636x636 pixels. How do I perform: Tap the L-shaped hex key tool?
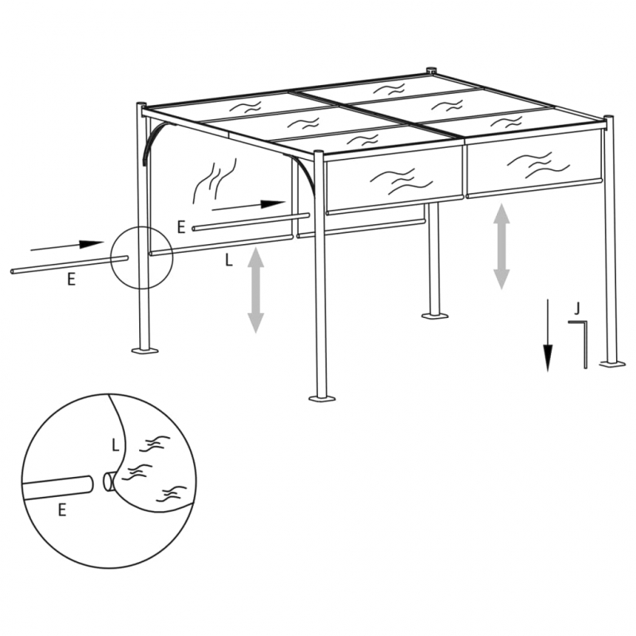pyautogui.click(x=584, y=342)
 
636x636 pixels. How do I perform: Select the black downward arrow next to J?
pyautogui.click(x=548, y=335)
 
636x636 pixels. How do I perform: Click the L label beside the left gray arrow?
pyautogui.click(x=229, y=259)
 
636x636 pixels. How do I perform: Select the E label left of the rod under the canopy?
pyautogui.click(x=181, y=227)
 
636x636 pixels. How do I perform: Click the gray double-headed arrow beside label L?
pyautogui.click(x=255, y=289)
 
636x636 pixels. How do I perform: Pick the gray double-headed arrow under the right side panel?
pyautogui.click(x=501, y=246)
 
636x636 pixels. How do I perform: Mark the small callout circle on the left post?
pyautogui.click(x=141, y=255)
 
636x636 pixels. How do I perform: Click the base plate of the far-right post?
pyautogui.click(x=611, y=363)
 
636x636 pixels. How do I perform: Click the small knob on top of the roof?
pyautogui.click(x=432, y=71)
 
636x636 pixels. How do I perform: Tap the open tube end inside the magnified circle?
pyautogui.click(x=107, y=481)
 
